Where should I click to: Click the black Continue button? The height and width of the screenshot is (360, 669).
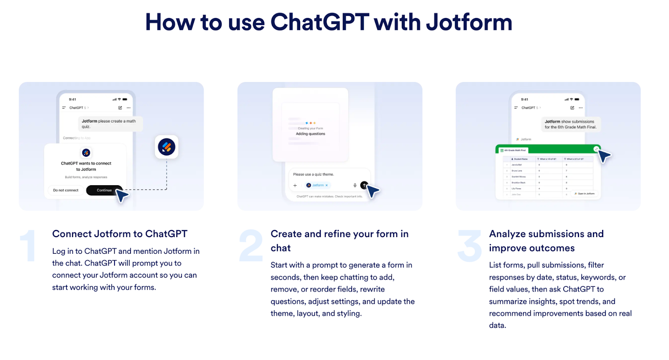(104, 190)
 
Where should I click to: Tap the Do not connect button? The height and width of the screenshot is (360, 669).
(66, 190)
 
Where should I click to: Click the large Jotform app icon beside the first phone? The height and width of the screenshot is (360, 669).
(166, 147)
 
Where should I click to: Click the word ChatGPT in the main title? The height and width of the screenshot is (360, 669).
(320, 22)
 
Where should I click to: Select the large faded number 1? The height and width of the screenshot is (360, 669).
(28, 246)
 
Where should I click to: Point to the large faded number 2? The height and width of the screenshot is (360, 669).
(251, 246)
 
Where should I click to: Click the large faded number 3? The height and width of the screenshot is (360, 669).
(470, 246)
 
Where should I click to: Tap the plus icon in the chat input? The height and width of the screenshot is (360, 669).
(295, 185)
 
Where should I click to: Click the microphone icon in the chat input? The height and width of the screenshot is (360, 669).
(355, 185)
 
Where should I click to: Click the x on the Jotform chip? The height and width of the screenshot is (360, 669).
(327, 185)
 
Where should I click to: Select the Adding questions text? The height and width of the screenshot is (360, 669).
(310, 134)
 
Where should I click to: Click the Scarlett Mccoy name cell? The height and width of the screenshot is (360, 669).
(519, 177)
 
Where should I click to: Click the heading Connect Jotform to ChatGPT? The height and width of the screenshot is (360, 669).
(120, 234)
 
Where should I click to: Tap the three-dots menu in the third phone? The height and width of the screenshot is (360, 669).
(580, 108)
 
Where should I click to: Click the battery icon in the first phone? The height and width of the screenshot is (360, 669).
(125, 100)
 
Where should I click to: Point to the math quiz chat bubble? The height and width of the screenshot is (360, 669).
(110, 124)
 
